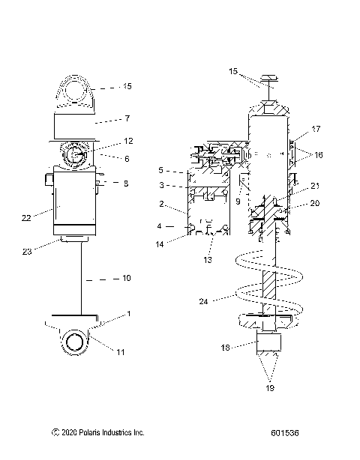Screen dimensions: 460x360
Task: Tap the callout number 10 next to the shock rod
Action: click(x=125, y=278)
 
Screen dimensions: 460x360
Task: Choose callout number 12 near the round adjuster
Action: click(x=128, y=141)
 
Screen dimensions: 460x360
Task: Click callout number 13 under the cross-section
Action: click(x=207, y=259)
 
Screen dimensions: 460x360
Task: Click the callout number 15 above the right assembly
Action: click(x=234, y=71)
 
